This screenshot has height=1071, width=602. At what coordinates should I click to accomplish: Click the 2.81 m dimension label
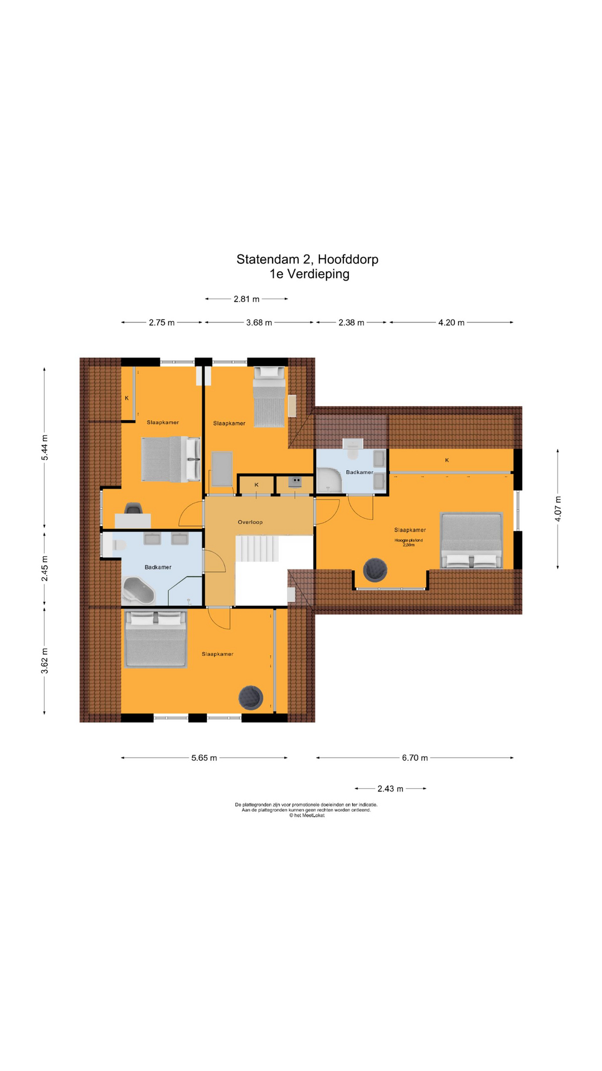coord(246,299)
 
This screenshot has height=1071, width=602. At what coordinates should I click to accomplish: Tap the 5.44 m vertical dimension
coord(45,447)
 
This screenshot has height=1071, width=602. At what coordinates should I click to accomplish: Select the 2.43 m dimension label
coord(390,788)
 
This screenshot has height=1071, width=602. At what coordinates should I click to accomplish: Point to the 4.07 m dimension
coord(558,509)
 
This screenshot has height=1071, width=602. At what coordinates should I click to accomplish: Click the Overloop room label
coord(250,522)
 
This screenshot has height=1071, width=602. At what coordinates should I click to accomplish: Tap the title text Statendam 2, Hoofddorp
coord(307,259)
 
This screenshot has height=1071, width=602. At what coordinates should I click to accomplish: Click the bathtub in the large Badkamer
coord(139,591)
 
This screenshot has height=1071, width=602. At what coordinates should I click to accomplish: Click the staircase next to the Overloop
coord(257,549)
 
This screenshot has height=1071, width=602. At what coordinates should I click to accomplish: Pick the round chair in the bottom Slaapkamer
coord(251,697)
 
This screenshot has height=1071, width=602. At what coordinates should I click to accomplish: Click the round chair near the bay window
coord(375,570)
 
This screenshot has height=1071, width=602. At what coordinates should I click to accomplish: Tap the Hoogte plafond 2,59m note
coord(409,542)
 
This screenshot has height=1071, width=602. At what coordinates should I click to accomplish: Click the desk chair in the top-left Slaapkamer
coord(134,508)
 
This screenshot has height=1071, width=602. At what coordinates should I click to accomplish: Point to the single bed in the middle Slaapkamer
coord(270,397)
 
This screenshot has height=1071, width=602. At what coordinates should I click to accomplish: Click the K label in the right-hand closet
coord(447,460)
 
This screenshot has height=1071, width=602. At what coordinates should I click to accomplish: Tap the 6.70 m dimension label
coord(415,758)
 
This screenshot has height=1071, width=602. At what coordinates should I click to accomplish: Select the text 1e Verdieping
coord(309,274)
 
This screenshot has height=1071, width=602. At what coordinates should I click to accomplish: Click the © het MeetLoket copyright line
coord(306,816)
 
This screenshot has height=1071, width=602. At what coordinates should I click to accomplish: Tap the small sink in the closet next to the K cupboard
coord(295,481)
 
